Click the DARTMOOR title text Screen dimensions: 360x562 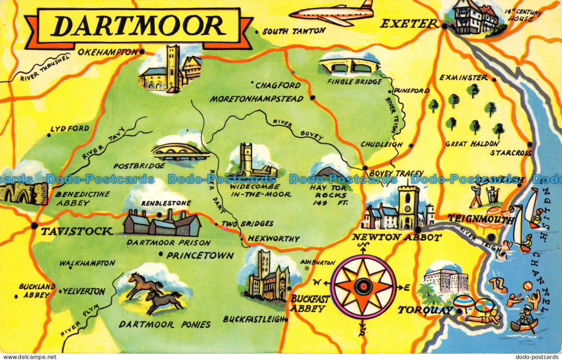coord(138,26)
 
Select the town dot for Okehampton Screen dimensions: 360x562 coord(142,52)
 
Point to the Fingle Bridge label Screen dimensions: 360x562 coord(354,82)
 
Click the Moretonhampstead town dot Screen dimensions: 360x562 coord(313,98)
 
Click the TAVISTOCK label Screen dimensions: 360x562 coord(77,231)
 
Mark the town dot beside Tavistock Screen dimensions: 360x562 coord(34,226)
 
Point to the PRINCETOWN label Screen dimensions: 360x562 coord(200,256)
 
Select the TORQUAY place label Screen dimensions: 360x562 coord(425,310)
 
